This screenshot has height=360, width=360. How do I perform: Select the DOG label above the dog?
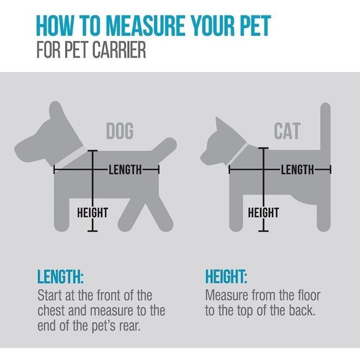[x=120, y=131]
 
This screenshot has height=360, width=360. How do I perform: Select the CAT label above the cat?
[x=287, y=131]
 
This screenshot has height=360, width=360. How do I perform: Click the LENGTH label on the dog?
[x=125, y=169]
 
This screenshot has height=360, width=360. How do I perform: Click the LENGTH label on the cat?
[x=297, y=169]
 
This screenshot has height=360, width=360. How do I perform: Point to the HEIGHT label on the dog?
[x=92, y=213]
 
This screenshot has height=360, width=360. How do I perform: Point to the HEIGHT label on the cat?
[x=263, y=213]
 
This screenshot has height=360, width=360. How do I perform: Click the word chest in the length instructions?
[x=53, y=310]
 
